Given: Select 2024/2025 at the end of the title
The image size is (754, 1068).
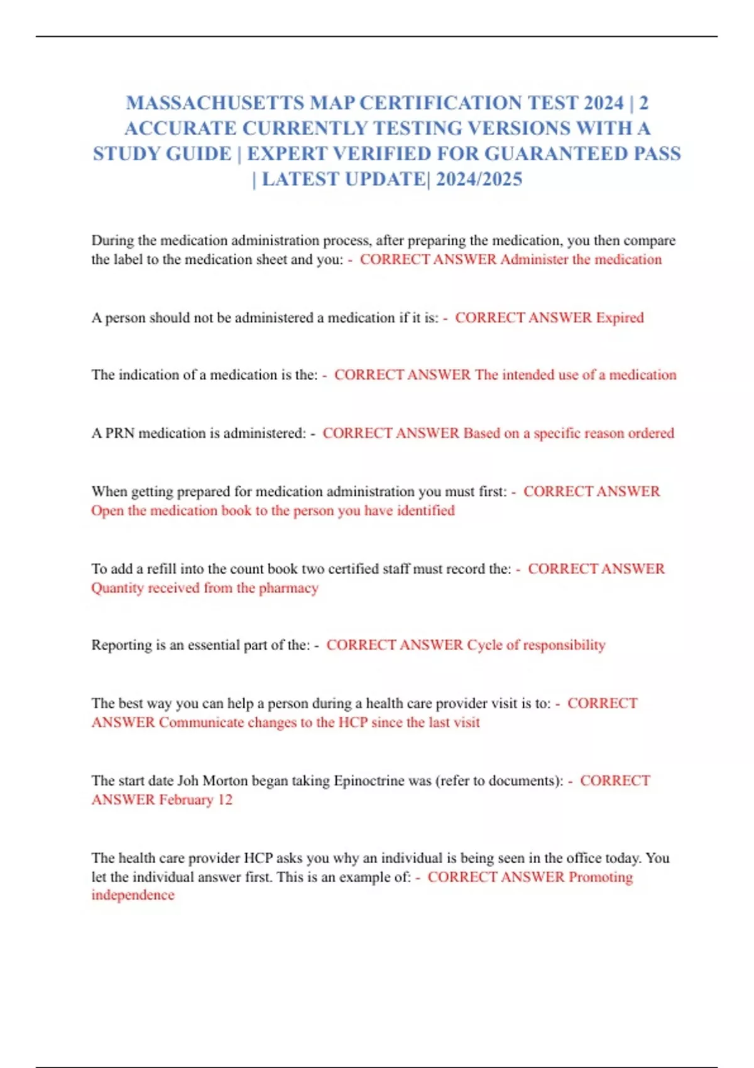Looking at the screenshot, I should point(479,180).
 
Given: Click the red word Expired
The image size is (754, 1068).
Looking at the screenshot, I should point(620,318).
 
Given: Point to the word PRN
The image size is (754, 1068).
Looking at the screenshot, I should point(119,433).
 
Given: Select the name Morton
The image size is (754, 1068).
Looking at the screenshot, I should point(224,781).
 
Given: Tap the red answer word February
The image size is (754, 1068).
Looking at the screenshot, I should point(186,800).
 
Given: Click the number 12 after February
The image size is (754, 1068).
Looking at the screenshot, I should point(225,800).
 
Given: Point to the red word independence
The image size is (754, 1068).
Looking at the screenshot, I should point(133,895).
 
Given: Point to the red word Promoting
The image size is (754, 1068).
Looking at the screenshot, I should point(600,877).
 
